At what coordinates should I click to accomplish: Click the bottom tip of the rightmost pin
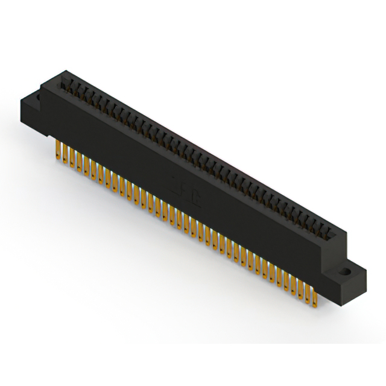[314, 306]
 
